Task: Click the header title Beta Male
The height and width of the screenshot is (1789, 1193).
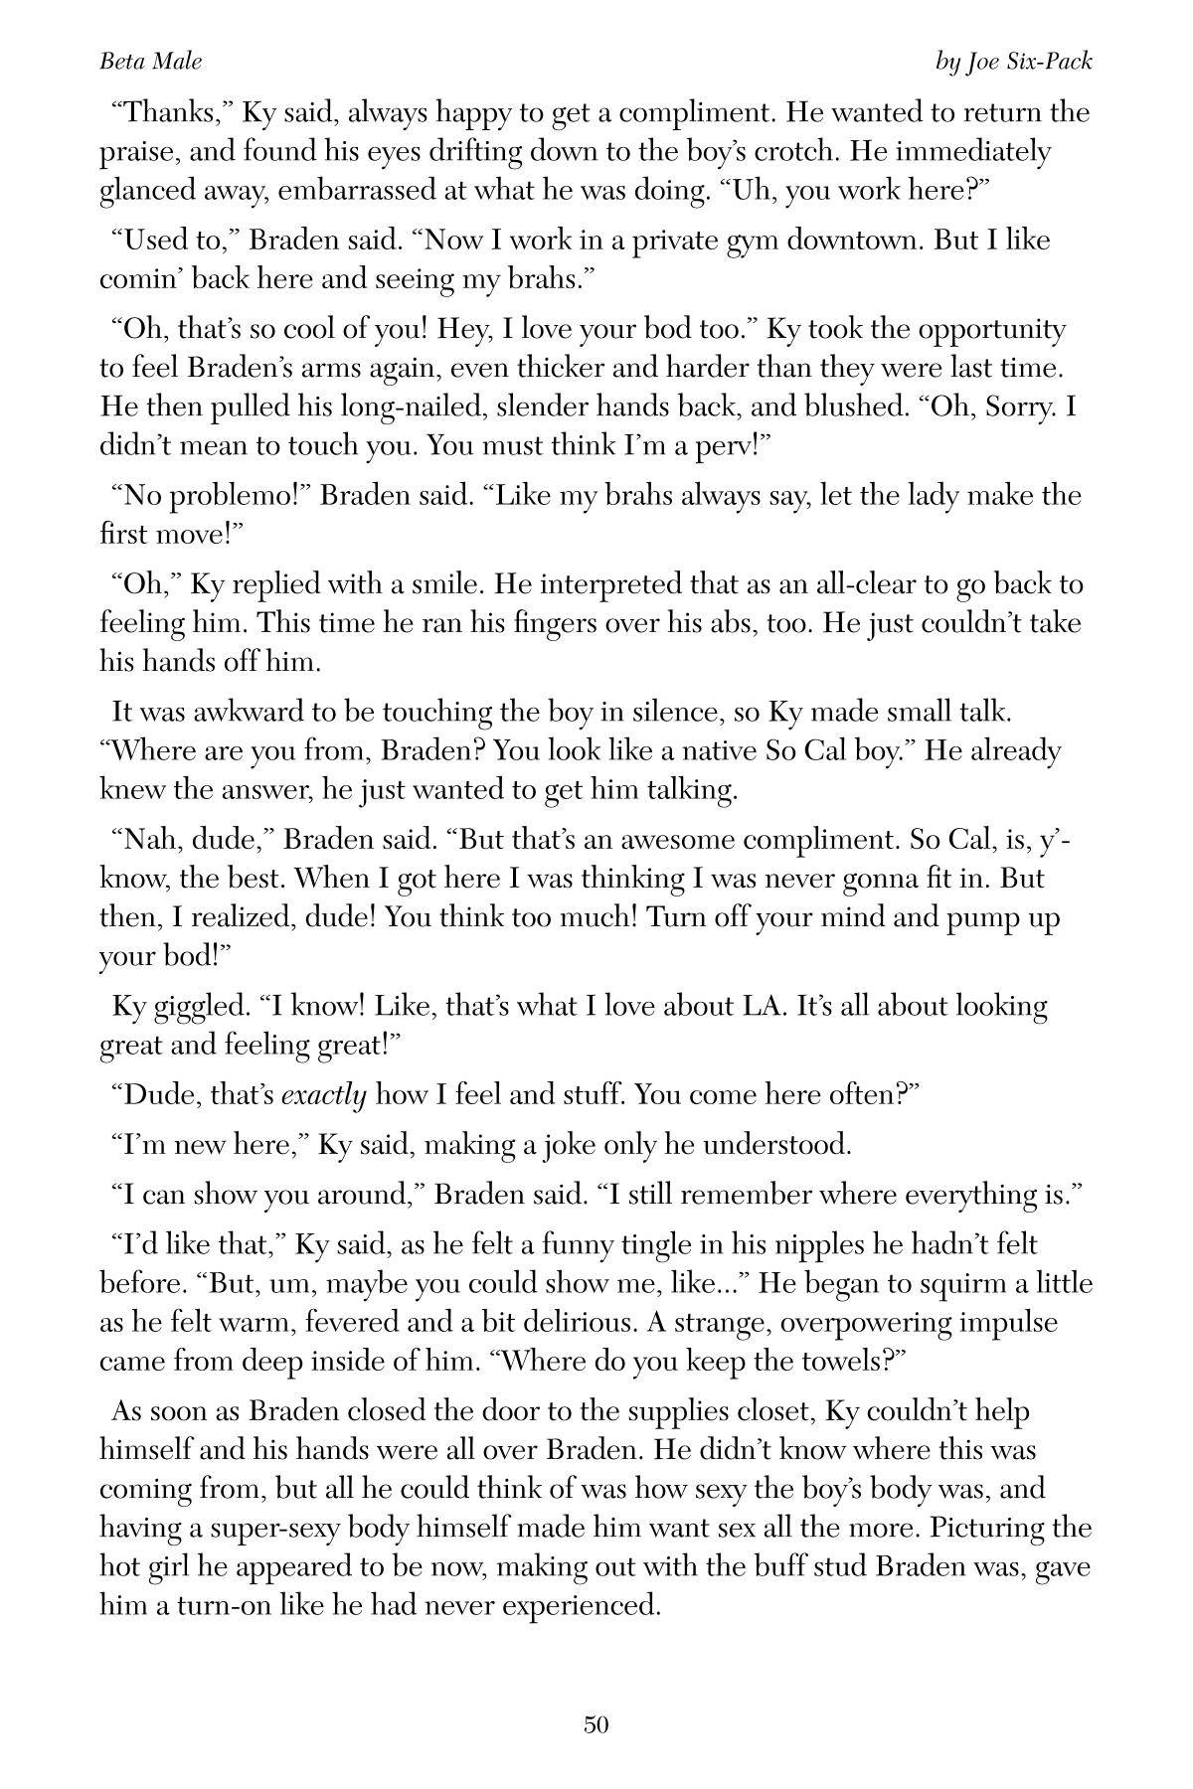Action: (150, 62)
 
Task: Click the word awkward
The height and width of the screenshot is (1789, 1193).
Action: (226, 712)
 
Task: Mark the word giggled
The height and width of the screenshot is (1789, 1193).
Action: (195, 1006)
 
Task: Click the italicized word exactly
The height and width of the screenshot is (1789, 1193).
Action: (324, 1095)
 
